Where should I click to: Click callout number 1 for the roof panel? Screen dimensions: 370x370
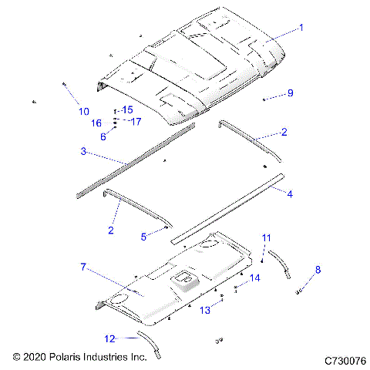(x=301, y=27)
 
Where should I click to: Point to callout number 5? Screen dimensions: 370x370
(x=143, y=237)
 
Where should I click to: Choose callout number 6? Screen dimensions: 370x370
(x=103, y=136)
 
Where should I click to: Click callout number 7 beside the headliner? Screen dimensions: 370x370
(x=82, y=267)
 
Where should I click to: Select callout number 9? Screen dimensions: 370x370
(x=290, y=93)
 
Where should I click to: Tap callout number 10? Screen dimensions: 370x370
(x=82, y=112)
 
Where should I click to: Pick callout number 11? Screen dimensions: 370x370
(x=267, y=237)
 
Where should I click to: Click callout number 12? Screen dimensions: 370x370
(x=109, y=338)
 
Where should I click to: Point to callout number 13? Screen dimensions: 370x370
(x=205, y=310)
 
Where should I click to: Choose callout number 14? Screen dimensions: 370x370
(x=254, y=277)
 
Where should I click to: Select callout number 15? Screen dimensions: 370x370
(x=128, y=109)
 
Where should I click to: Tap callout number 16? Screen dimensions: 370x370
(x=96, y=123)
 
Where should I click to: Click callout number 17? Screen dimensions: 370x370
(x=135, y=121)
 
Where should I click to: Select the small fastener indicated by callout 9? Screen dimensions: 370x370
(x=265, y=100)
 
